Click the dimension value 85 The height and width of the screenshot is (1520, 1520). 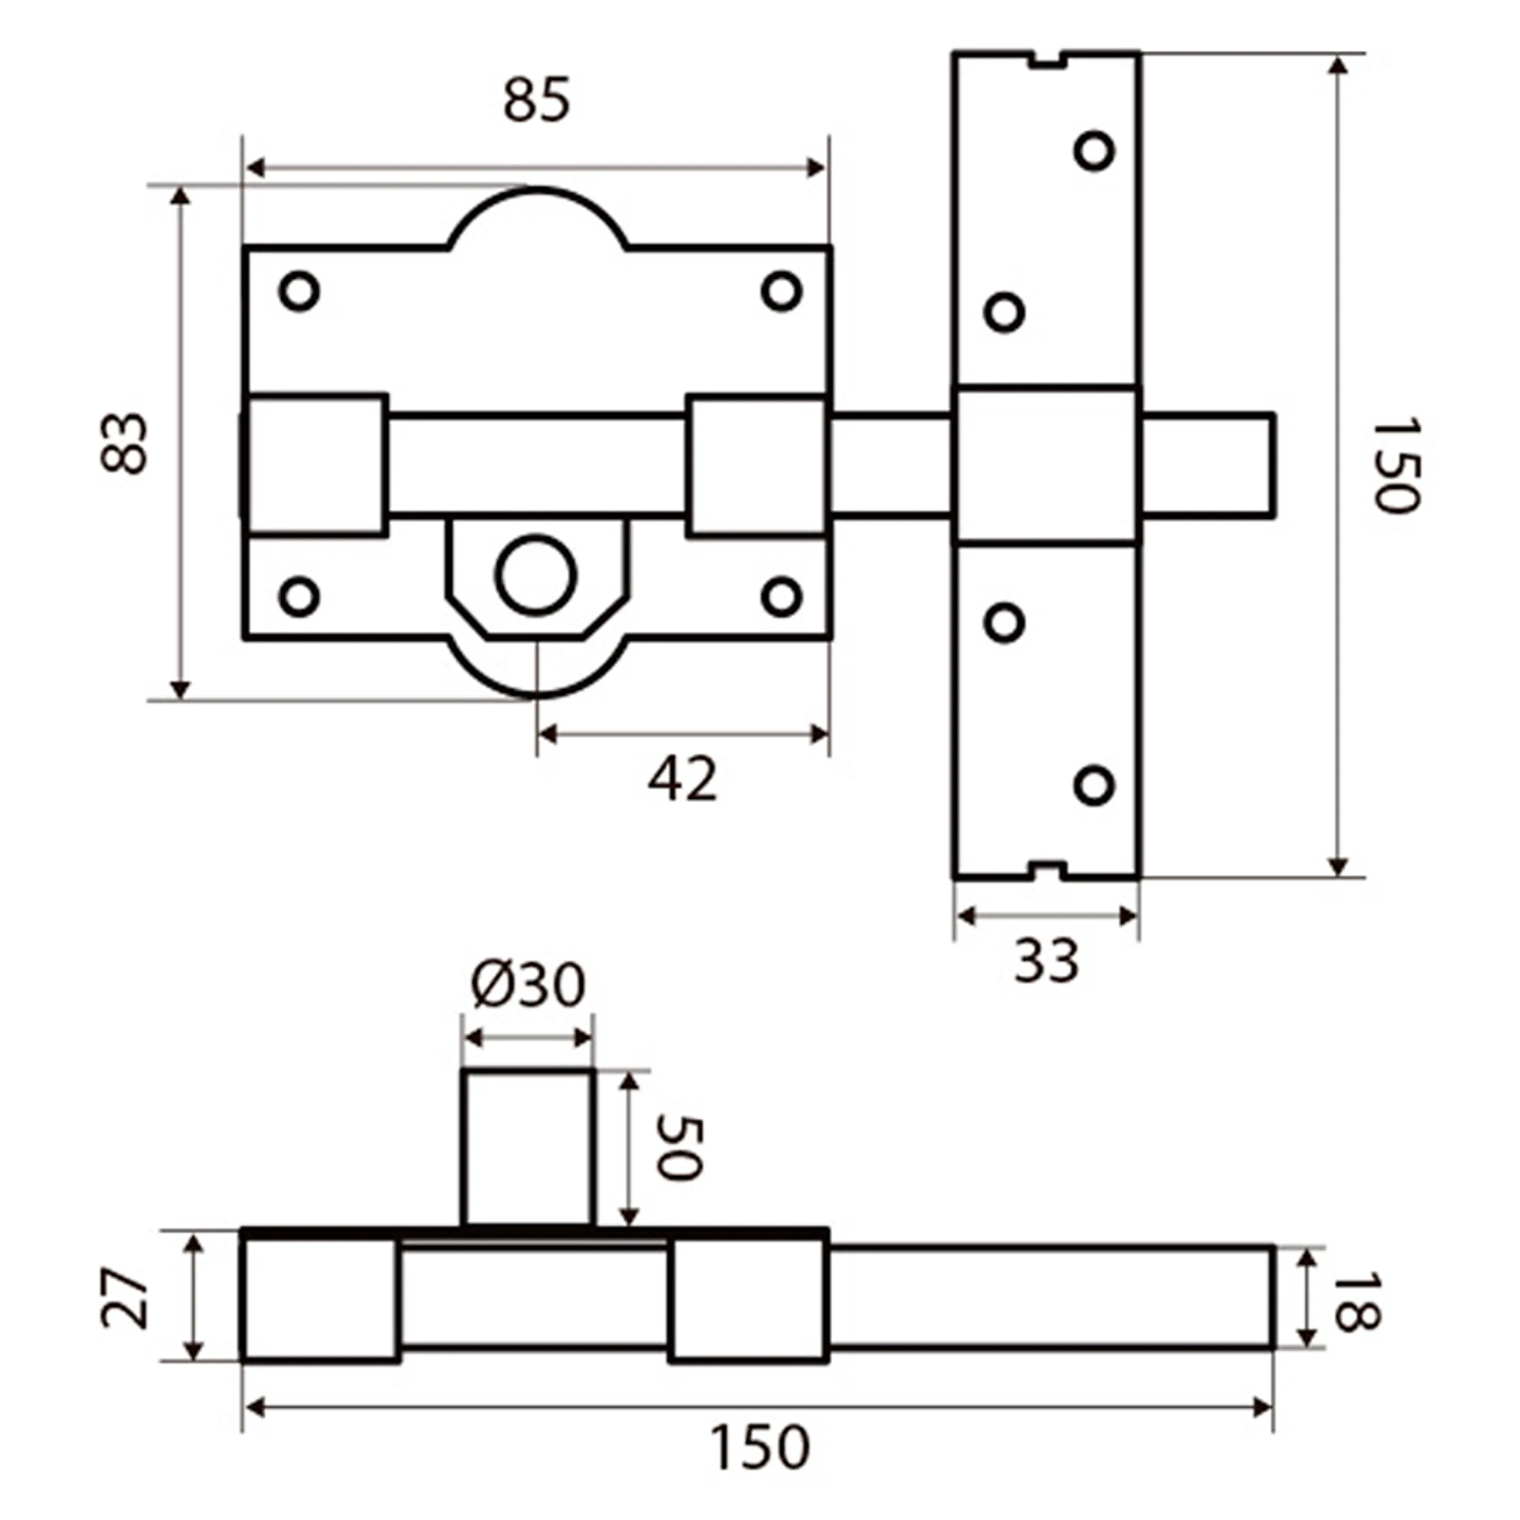click(537, 101)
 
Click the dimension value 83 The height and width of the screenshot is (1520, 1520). click(124, 443)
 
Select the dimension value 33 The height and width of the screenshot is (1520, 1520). click(1046, 961)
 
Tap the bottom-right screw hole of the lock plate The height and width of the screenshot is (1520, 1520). click(781, 597)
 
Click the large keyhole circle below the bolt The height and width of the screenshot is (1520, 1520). click(536, 575)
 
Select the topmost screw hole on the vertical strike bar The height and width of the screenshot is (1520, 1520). click(1094, 150)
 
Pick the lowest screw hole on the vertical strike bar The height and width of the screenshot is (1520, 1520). click(1094, 785)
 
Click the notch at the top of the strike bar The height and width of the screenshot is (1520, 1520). click(1046, 60)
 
